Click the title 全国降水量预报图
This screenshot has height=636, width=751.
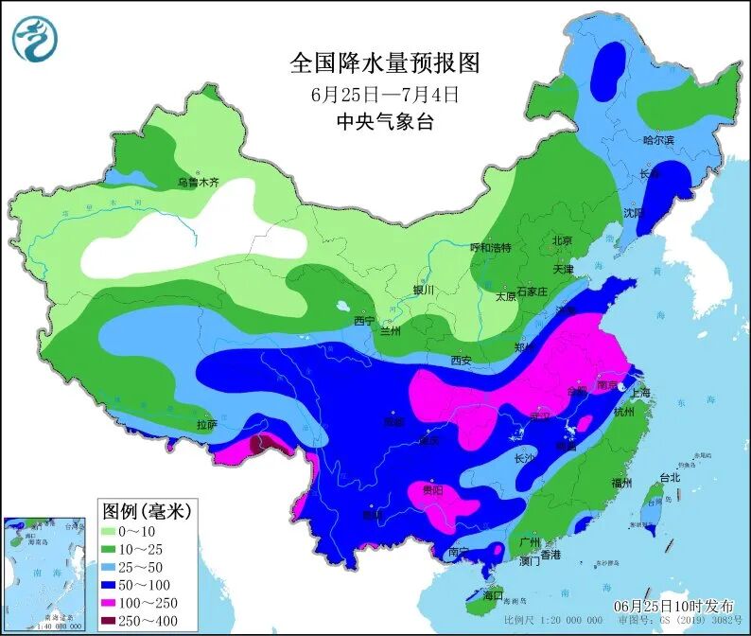pos(384,63)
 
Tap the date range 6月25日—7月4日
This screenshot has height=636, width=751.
pos(384,95)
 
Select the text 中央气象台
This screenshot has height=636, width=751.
pos(384,122)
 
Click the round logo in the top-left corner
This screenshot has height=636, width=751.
pos(35,39)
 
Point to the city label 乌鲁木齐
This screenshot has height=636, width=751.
pos(199,183)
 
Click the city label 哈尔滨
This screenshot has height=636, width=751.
pos(658,140)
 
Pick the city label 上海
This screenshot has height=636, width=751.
pos(641,393)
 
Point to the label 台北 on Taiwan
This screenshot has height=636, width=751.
pos(670,477)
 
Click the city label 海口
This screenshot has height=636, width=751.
pos(493,596)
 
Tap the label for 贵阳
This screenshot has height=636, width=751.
pos(432,491)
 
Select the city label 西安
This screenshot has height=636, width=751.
pos(461,360)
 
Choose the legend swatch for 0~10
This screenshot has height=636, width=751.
pos(114,533)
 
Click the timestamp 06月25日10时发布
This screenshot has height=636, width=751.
pos(672,606)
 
